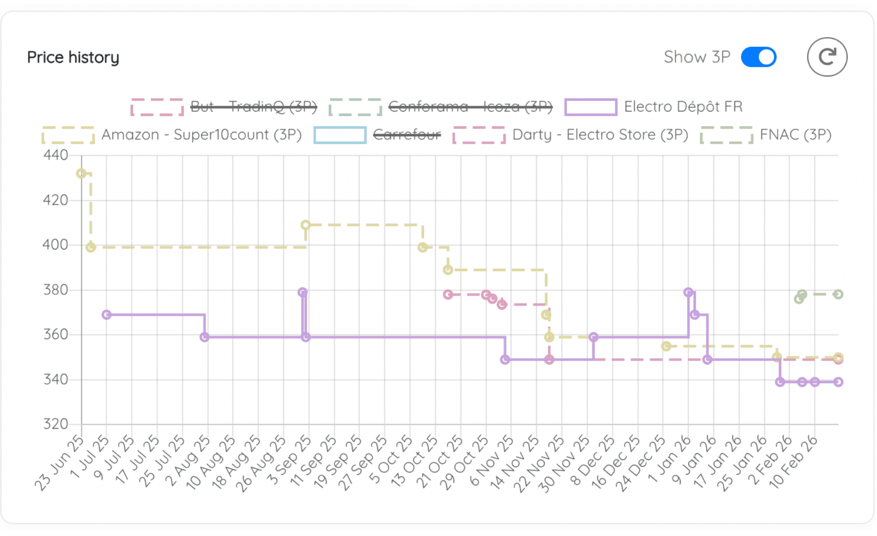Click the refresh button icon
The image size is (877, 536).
[x=827, y=57]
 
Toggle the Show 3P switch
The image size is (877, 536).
[x=758, y=57]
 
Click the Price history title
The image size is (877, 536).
[x=73, y=57]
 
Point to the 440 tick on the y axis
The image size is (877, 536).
[x=56, y=155]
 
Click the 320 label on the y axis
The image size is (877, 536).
[x=56, y=424]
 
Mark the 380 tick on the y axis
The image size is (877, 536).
[x=56, y=290]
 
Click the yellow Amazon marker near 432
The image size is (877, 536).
[x=81, y=173]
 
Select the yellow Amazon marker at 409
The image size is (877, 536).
[x=305, y=225]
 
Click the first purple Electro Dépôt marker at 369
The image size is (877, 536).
[x=107, y=315]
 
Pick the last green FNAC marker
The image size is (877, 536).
[x=838, y=294]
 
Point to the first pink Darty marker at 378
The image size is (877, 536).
[x=448, y=294]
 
